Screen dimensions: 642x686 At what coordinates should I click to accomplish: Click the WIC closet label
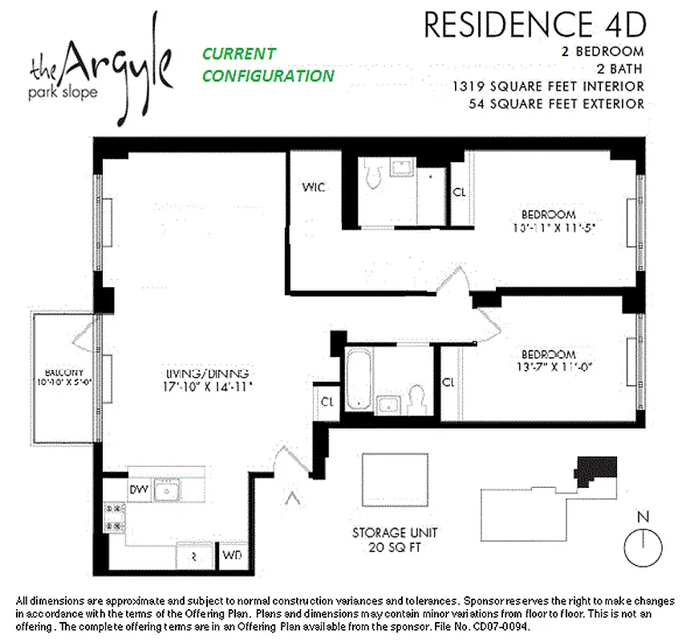(313, 189)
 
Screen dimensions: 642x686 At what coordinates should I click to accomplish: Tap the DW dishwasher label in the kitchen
(138, 488)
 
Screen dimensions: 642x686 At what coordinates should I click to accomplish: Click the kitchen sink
(168, 488)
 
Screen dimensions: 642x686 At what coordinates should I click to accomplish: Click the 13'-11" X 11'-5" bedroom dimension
(549, 227)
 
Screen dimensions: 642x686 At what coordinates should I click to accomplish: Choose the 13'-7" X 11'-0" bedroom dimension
(549, 368)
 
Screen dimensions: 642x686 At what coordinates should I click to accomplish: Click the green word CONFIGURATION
(268, 76)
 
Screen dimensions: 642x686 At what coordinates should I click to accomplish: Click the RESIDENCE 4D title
(534, 25)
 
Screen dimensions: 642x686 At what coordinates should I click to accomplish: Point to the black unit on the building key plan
(599, 469)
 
